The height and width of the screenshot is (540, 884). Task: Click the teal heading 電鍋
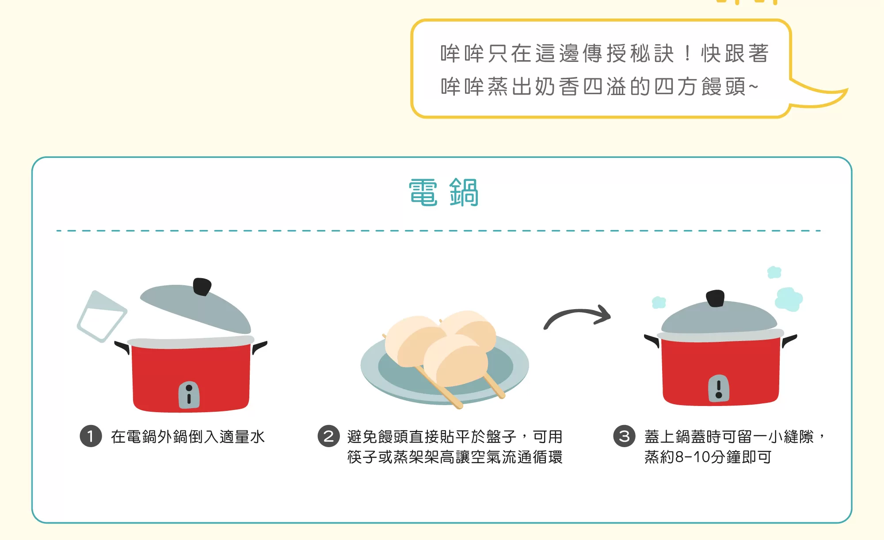click(443, 193)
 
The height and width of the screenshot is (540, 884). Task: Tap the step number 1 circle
click(91, 437)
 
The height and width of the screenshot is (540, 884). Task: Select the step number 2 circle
click(328, 437)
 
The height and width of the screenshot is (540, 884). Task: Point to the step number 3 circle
click(624, 437)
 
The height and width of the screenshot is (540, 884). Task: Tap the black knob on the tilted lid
click(202, 286)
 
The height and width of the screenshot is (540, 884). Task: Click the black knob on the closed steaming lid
click(715, 299)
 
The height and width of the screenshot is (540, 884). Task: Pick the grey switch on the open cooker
click(189, 394)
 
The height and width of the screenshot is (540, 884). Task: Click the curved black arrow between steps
click(577, 312)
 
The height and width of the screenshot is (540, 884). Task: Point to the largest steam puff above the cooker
click(789, 299)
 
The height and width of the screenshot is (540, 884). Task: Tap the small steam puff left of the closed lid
click(659, 303)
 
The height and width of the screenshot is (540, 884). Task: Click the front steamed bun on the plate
click(455, 359)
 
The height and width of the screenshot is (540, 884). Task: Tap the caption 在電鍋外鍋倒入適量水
click(188, 437)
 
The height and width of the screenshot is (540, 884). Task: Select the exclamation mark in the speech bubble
click(687, 54)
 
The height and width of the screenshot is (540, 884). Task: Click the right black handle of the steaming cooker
click(789, 341)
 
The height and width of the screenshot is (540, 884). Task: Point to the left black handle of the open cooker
click(122, 347)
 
